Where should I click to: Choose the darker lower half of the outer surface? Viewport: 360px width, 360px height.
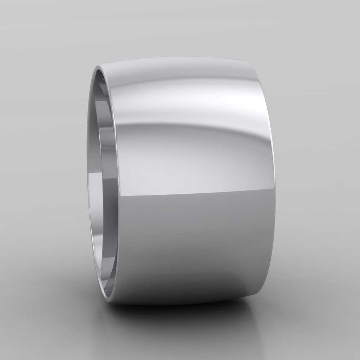pyautogui.click(x=194, y=245)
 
